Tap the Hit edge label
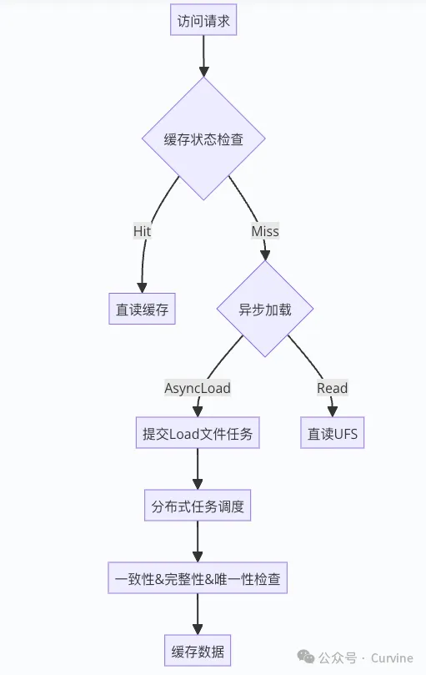143,231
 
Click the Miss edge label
265,231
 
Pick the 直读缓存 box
142,310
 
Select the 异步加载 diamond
265,310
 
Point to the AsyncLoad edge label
198,388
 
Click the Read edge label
332,388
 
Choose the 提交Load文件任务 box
198,434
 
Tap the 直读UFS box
333,434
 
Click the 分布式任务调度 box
198,506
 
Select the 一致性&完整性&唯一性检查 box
198,578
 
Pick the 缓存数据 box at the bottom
198,651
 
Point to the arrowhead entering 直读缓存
142,286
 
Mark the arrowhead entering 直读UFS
333,411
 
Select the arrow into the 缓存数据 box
198,615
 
